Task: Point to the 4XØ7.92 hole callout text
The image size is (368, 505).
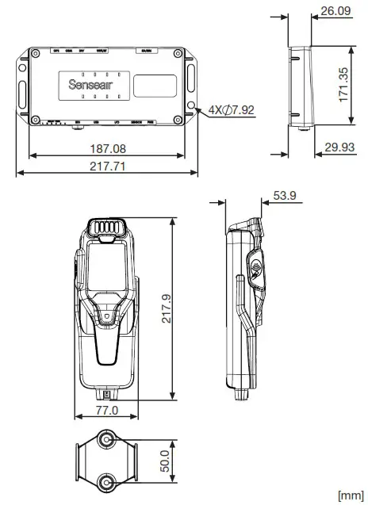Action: click(232, 109)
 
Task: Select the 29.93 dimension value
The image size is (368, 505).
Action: click(340, 147)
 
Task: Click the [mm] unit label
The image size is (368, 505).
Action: click(350, 495)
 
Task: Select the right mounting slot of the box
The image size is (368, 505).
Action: click(191, 81)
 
